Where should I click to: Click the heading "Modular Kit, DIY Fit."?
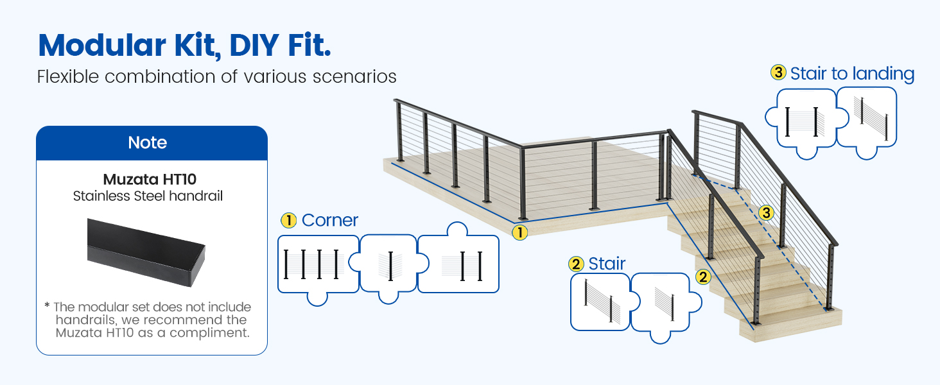184,46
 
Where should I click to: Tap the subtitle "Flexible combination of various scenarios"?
216,77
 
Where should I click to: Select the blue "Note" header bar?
152,143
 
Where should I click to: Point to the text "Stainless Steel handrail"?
148,196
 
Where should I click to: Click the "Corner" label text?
329,220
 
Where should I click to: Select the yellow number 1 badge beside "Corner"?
288,220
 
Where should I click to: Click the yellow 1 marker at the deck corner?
519,232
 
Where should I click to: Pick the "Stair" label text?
607,264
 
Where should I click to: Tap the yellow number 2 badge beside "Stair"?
576,264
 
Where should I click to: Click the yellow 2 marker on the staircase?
703,277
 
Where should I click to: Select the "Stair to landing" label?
851,74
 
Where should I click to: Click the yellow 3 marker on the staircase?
765,212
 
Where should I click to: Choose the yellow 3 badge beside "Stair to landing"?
778,73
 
